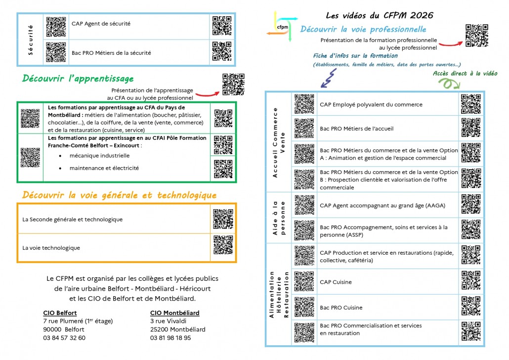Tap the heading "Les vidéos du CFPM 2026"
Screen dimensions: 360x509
(380, 15)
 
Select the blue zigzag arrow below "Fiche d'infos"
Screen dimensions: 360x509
(328, 76)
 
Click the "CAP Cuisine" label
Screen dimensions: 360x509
(336, 282)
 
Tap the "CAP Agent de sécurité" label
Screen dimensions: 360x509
(101, 23)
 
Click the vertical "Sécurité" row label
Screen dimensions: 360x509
(31, 39)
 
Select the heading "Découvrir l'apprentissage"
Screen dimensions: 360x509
(78, 79)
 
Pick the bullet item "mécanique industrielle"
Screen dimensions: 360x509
(99, 155)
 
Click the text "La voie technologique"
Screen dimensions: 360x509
(51, 248)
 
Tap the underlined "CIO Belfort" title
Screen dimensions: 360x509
(60, 313)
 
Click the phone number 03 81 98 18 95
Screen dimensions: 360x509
(170, 338)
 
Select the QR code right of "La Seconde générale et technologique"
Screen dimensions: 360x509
(223, 219)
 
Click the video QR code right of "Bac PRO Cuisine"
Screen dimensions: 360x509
(470, 307)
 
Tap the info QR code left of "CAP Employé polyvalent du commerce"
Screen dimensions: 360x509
(304, 104)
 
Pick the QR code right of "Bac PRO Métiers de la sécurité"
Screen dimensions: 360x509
(222, 51)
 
